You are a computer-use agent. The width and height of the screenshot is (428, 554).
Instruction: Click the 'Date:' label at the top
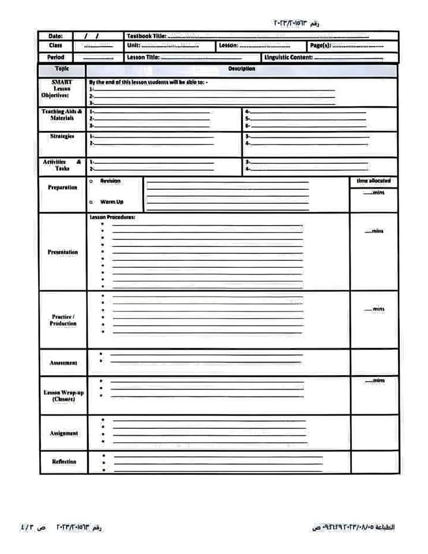click(x=56, y=36)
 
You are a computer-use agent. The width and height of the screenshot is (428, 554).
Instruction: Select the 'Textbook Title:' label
click(x=147, y=36)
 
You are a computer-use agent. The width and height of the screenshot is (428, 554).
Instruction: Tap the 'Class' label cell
click(x=56, y=46)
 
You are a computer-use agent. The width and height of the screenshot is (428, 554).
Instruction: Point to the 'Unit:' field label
click(x=134, y=46)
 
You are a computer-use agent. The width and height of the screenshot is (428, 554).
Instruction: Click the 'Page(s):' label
click(x=320, y=46)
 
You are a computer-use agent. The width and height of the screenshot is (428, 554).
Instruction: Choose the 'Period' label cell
click(x=56, y=58)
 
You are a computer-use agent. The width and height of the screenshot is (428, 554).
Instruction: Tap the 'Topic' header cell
click(x=62, y=69)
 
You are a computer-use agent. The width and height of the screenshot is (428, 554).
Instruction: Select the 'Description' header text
click(x=242, y=69)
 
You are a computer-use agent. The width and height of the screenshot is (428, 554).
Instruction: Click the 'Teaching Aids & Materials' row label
click(x=62, y=114)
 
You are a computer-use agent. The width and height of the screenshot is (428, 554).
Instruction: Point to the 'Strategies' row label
click(x=62, y=137)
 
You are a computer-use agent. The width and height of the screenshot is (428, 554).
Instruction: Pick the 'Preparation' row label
click(x=62, y=188)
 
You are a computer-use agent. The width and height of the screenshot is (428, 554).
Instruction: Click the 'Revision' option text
click(x=110, y=181)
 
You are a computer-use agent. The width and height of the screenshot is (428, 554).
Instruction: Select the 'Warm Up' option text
click(x=112, y=202)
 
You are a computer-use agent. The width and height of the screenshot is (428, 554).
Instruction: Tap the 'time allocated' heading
click(x=374, y=181)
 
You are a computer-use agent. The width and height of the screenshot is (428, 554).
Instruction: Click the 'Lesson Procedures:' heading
click(x=112, y=218)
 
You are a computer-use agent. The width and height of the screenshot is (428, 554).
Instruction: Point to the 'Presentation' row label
click(x=62, y=252)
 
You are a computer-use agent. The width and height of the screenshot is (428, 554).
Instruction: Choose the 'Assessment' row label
click(x=63, y=363)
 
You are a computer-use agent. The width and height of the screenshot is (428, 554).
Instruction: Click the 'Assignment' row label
click(x=63, y=433)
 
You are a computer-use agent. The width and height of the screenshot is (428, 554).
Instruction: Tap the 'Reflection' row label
click(x=63, y=462)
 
